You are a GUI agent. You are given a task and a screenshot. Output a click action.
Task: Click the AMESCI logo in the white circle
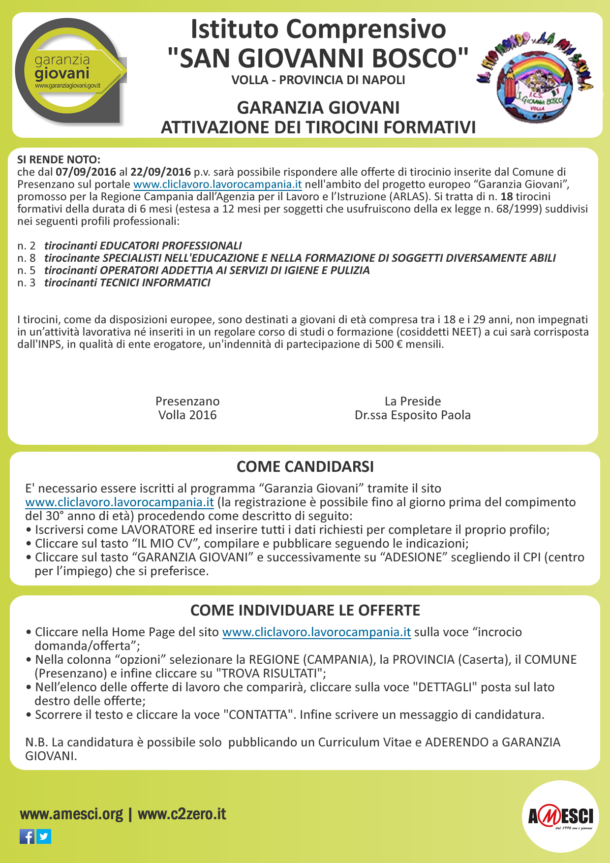point(560,817)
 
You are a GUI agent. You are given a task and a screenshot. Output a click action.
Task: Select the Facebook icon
point(27,836)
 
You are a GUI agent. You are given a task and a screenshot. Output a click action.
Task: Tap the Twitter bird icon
point(44,836)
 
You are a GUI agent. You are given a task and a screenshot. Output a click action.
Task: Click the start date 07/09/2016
point(86,172)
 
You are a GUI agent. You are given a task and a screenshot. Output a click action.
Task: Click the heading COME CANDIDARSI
point(305,466)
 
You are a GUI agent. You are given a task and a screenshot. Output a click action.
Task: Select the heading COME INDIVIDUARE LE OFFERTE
point(305,610)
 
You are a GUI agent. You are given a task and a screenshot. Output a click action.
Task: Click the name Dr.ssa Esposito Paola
point(412,415)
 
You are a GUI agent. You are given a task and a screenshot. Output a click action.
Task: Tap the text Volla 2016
point(187,415)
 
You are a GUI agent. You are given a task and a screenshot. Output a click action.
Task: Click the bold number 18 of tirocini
point(507,197)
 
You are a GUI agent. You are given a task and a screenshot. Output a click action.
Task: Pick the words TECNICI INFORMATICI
point(155,283)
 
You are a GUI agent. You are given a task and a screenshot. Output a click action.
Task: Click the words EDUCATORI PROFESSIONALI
point(171,246)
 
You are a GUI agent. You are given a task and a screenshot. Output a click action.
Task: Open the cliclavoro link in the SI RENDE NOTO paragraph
point(217,185)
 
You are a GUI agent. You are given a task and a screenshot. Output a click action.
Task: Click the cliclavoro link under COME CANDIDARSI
point(120,502)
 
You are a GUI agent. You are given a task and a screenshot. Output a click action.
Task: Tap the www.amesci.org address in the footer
point(71,814)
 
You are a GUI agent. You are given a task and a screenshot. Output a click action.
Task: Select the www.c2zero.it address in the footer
point(182,814)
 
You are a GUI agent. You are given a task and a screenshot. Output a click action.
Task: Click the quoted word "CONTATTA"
point(258,715)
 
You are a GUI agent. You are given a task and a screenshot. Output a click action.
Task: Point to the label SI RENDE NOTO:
point(59,160)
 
